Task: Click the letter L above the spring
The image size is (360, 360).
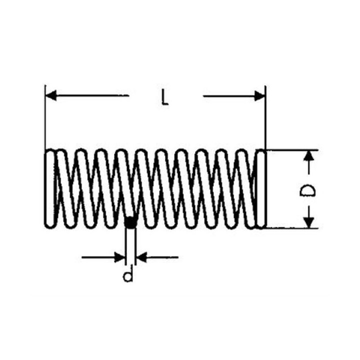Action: pyautogui.click(x=164, y=97)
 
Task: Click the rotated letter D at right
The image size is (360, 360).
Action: pyautogui.click(x=307, y=191)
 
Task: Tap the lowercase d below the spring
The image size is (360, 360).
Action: pyautogui.click(x=128, y=273)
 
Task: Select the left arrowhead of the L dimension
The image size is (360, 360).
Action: pyautogui.click(x=50, y=95)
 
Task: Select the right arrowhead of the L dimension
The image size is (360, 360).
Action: pyautogui.click(x=260, y=95)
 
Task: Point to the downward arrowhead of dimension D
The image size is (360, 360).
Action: pyautogui.click(x=309, y=222)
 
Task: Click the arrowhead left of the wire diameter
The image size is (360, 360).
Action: pyautogui.click(x=120, y=257)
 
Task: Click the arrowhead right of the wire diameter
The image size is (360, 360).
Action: pyautogui.click(x=141, y=257)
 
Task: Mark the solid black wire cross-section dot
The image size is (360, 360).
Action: pyautogui.click(x=131, y=222)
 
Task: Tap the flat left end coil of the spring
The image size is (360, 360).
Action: pyautogui.click(x=50, y=188)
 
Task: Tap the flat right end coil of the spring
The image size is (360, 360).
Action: pyautogui.click(x=260, y=188)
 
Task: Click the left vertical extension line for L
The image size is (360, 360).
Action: pyautogui.click(x=45, y=117)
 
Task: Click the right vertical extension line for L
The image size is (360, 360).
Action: pyautogui.click(x=265, y=117)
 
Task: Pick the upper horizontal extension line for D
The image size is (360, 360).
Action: pyautogui.click(x=292, y=150)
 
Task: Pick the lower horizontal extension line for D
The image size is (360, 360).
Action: pyautogui.click(x=292, y=228)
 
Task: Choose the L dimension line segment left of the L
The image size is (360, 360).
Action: pyautogui.click(x=87, y=95)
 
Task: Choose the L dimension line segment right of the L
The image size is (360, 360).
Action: pyautogui.click(x=234, y=96)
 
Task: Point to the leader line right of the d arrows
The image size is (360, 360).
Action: pyautogui.click(x=157, y=257)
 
